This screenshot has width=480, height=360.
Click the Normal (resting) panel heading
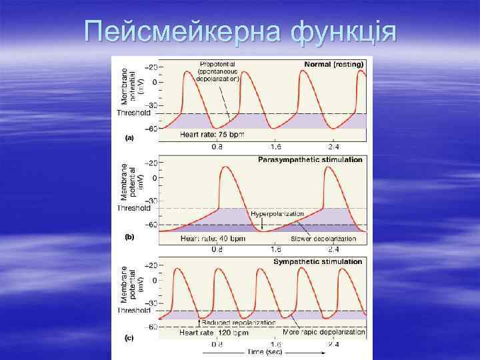point(333,65)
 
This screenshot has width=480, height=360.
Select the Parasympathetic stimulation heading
point(311,160)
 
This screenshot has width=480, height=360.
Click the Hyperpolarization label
point(277,214)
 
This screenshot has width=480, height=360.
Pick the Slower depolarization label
point(323,239)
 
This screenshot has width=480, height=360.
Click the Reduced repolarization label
point(238,322)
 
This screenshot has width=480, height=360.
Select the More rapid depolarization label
point(319,331)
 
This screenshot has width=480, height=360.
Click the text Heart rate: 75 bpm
point(212,134)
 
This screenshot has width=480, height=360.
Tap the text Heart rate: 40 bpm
point(213,238)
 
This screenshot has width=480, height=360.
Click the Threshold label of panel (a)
point(133,113)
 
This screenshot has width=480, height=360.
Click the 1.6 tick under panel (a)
point(275,145)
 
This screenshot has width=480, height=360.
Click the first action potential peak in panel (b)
point(227,167)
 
